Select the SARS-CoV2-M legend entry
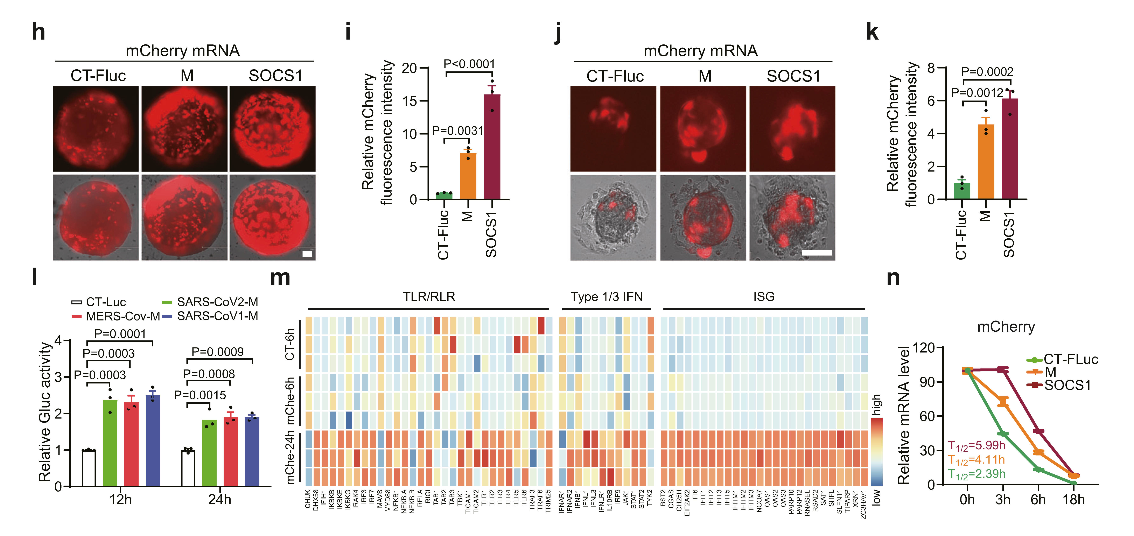(x=210, y=302)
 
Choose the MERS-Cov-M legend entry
(x=116, y=316)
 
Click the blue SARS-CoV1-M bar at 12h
(x=153, y=440)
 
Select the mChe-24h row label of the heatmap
(x=290, y=458)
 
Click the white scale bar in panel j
(x=817, y=253)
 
